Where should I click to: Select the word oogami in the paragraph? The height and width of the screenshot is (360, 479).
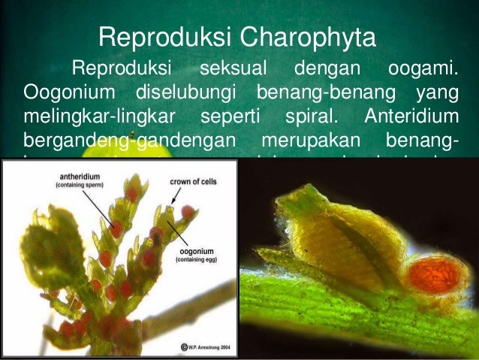coord(423,71)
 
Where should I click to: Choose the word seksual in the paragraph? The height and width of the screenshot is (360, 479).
coord(235,71)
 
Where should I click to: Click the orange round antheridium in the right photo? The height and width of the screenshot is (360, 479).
coord(437,276)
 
